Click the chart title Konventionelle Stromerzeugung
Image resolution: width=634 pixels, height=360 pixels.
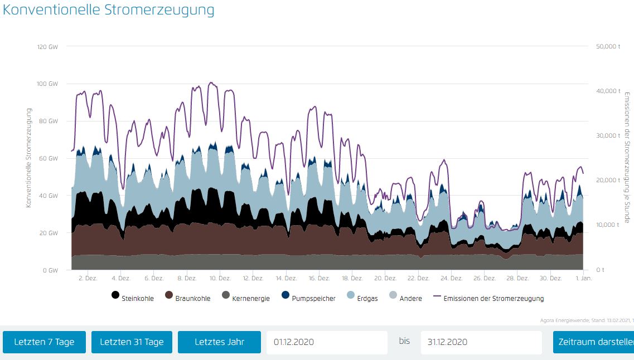(109, 10)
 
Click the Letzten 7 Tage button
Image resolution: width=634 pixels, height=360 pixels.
(44, 342)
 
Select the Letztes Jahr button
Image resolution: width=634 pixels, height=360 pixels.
(219, 342)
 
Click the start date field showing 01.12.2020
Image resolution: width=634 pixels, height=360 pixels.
(326, 342)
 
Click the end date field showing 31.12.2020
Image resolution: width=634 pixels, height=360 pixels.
(481, 342)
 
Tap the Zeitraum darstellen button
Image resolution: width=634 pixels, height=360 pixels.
(593, 342)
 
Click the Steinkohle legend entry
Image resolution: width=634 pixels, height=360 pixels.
(132, 298)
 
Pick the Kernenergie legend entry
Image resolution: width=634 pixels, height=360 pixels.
(245, 298)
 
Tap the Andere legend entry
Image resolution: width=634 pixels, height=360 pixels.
(405, 298)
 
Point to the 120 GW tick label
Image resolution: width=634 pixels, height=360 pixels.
(48, 46)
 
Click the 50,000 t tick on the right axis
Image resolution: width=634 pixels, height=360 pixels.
(608, 46)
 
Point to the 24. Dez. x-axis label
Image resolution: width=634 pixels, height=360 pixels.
(452, 278)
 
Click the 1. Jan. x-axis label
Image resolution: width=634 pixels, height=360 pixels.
(583, 278)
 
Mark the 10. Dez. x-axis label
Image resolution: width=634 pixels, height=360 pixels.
(220, 278)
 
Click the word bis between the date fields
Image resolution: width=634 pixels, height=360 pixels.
(404, 341)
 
